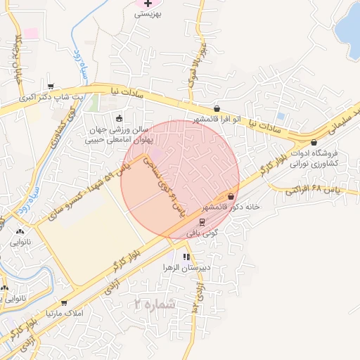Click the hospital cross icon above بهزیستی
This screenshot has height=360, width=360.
(x=148, y=4)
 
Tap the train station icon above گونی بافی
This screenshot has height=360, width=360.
(x=202, y=221)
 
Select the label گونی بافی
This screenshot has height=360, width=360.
(x=207, y=231)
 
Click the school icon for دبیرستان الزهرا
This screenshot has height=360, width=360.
(x=186, y=257)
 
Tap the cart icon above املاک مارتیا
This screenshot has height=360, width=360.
(x=65, y=303)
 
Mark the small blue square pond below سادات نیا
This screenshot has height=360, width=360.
(x=281, y=116)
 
